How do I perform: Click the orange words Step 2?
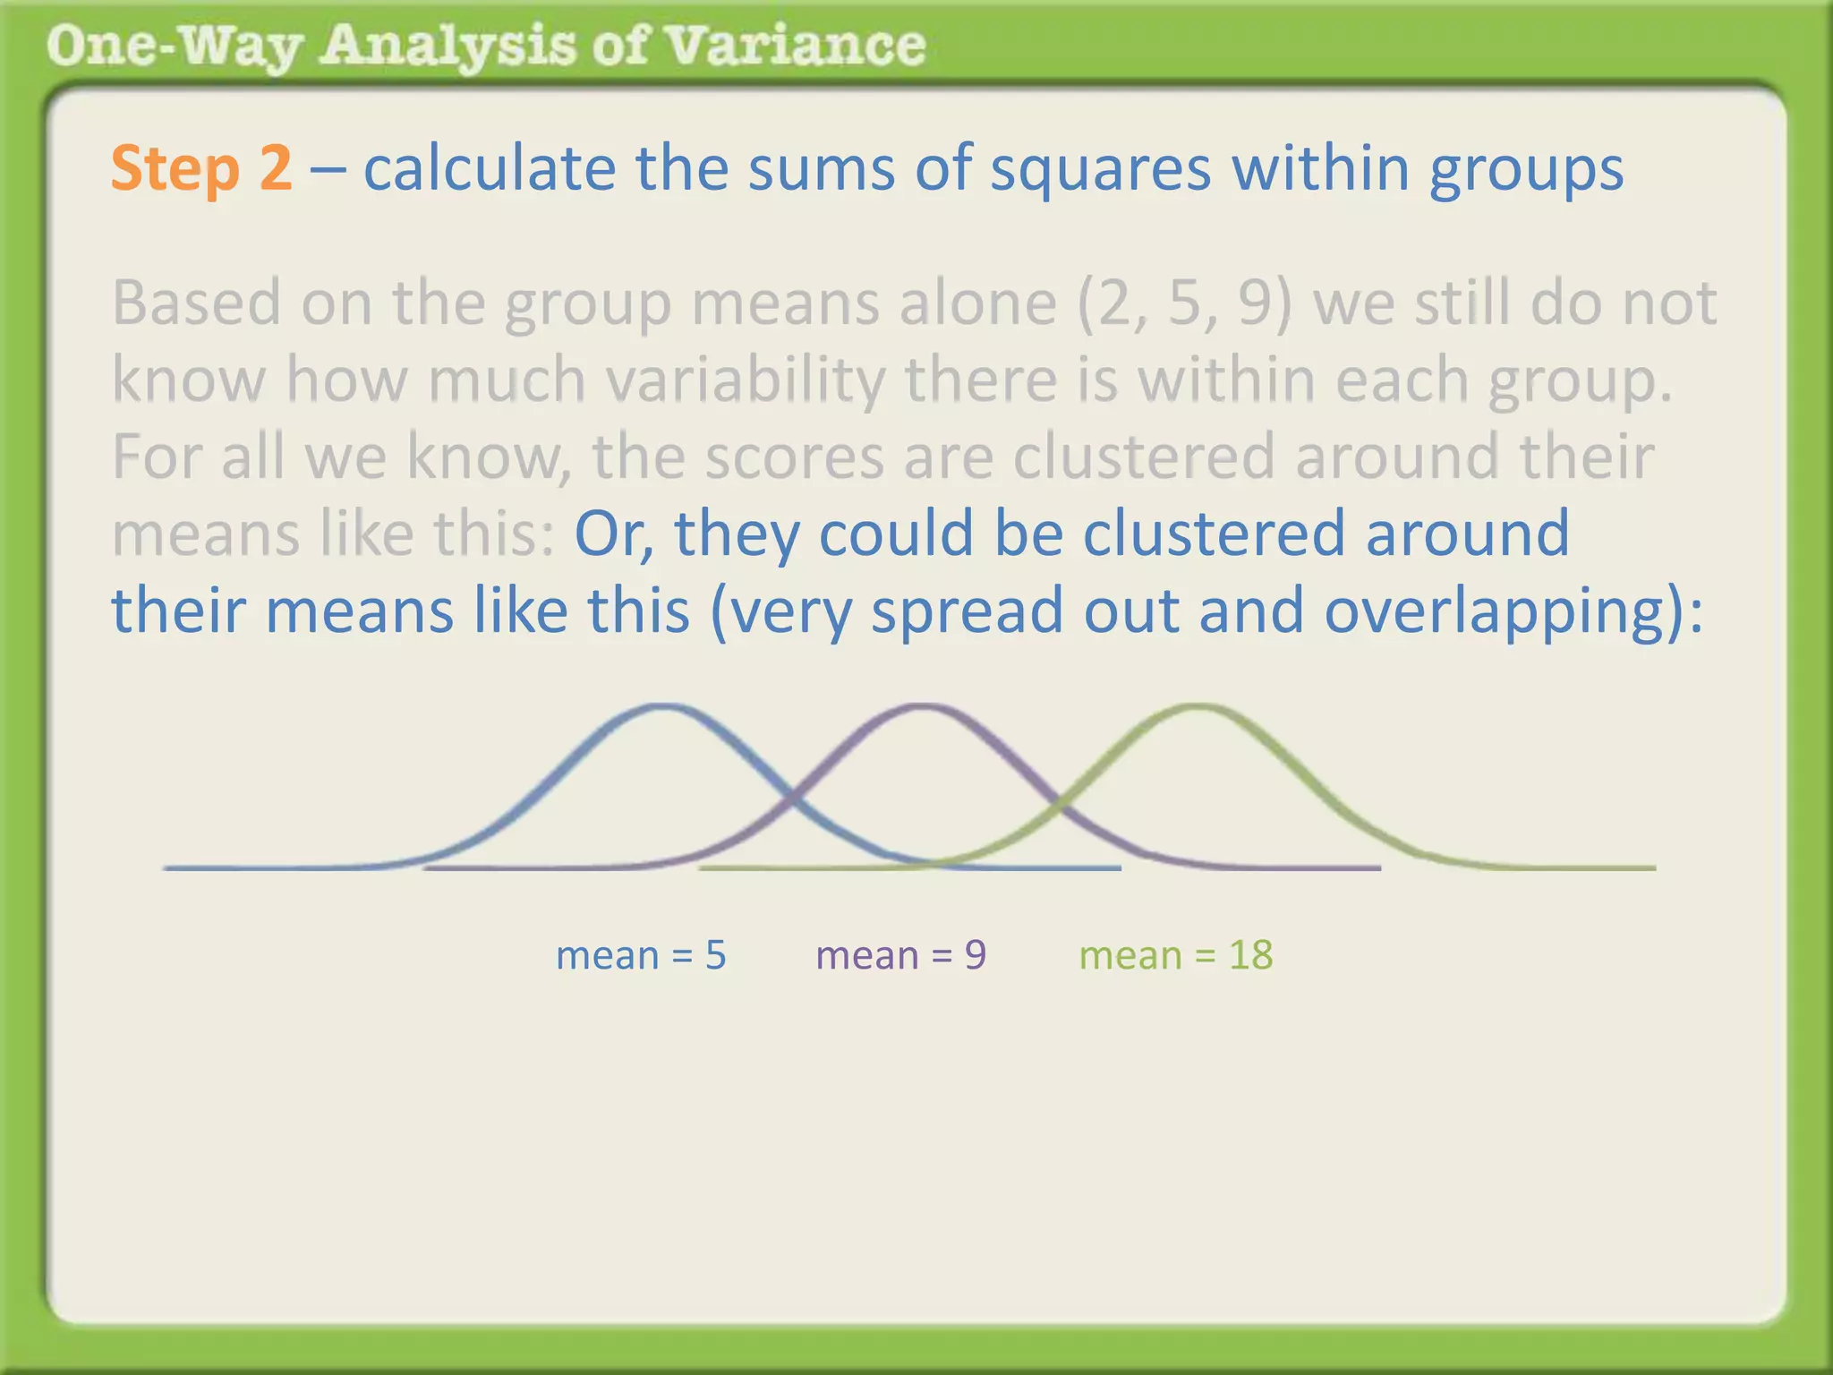[201, 168]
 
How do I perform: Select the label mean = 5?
[641, 955]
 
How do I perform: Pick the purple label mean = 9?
[900, 955]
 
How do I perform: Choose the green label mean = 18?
[1175, 955]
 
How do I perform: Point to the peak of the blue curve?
[662, 707]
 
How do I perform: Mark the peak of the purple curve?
[922, 707]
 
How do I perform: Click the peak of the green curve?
[1198, 707]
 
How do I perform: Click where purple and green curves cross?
[1060, 801]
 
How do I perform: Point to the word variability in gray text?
[746, 380]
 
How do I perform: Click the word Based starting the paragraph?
[197, 303]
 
